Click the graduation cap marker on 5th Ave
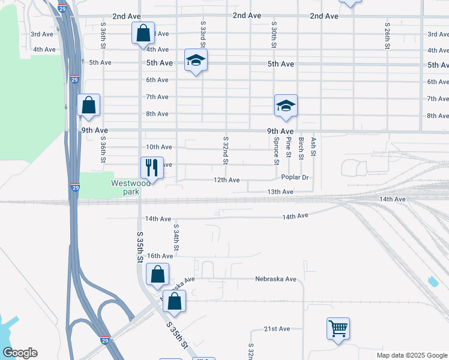(x=196, y=60)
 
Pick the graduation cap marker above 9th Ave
(x=286, y=106)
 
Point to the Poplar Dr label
(x=295, y=178)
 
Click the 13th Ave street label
(x=280, y=191)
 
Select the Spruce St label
(x=276, y=151)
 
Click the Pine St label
(x=289, y=147)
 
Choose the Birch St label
(x=301, y=148)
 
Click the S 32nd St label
(x=226, y=150)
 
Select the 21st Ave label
(x=277, y=329)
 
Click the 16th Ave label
(x=160, y=256)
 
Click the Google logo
(x=19, y=353)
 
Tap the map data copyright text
(x=412, y=355)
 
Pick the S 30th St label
(x=274, y=35)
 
